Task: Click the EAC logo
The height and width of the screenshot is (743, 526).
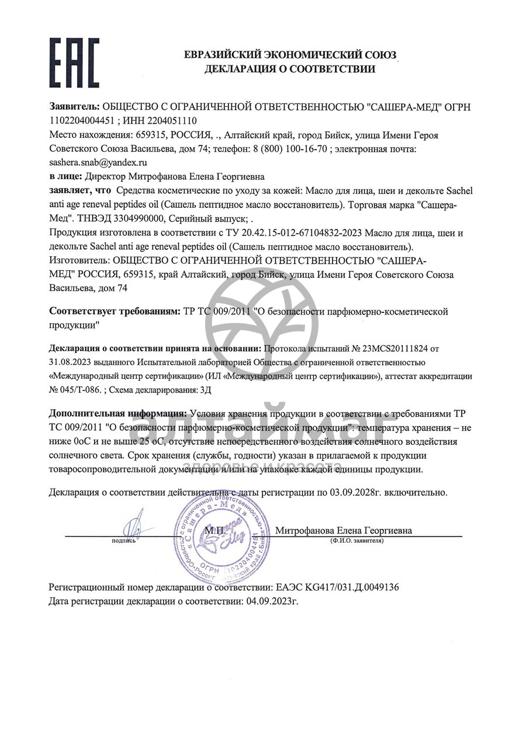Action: coord(74,62)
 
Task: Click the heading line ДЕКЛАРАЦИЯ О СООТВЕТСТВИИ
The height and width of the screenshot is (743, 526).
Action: coord(289,69)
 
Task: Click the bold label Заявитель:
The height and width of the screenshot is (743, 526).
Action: coord(75,108)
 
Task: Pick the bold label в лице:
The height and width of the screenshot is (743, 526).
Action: coord(66,176)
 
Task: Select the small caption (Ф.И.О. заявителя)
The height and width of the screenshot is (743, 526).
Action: coord(357,541)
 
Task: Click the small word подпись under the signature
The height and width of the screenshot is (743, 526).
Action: coord(123,541)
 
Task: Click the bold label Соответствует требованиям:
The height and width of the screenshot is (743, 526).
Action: coord(115,312)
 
